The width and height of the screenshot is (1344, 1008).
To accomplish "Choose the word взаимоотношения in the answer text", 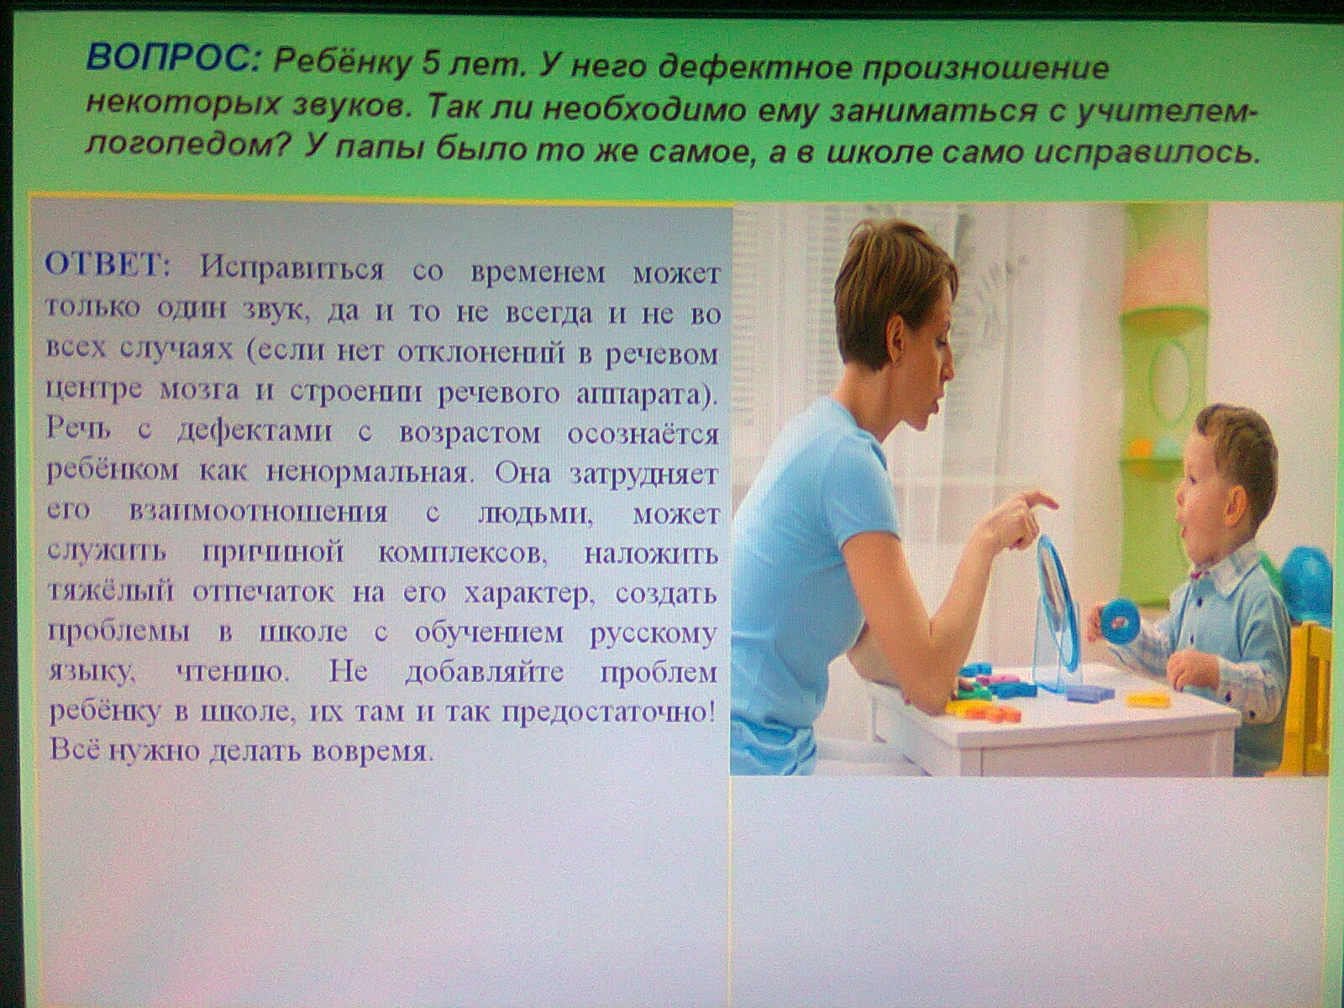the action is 259,513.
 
